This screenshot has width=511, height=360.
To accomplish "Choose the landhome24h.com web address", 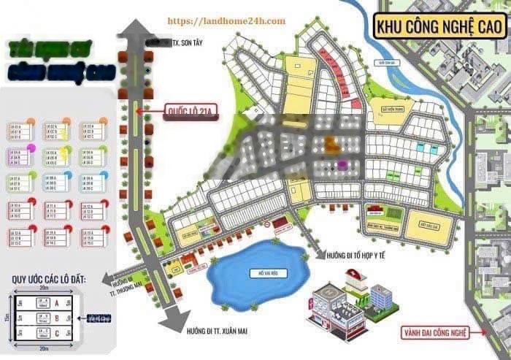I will click(226, 21).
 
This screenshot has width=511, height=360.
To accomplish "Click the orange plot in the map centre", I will click(331, 142).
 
